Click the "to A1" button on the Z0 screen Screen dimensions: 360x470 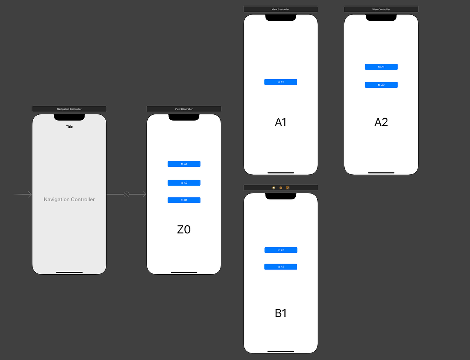184,164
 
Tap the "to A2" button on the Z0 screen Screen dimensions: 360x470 184,183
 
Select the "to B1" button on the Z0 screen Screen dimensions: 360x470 184,200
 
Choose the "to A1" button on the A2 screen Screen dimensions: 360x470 381,67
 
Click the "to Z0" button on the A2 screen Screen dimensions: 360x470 381,85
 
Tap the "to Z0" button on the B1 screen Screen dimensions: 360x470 280,250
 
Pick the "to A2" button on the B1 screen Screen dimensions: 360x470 280,267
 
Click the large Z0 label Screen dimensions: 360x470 184,230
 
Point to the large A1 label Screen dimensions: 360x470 280,122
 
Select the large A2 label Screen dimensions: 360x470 381,122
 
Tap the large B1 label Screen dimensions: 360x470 280,313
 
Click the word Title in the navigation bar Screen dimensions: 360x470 69,127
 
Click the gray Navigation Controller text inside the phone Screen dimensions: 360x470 69,199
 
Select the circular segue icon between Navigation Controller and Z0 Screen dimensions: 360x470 127,194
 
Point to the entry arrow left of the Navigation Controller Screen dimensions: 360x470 23,194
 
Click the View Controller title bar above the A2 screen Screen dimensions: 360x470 381,9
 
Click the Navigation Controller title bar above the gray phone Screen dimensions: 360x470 69,109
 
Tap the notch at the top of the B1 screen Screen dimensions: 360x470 280,196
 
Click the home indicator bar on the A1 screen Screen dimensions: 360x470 280,172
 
